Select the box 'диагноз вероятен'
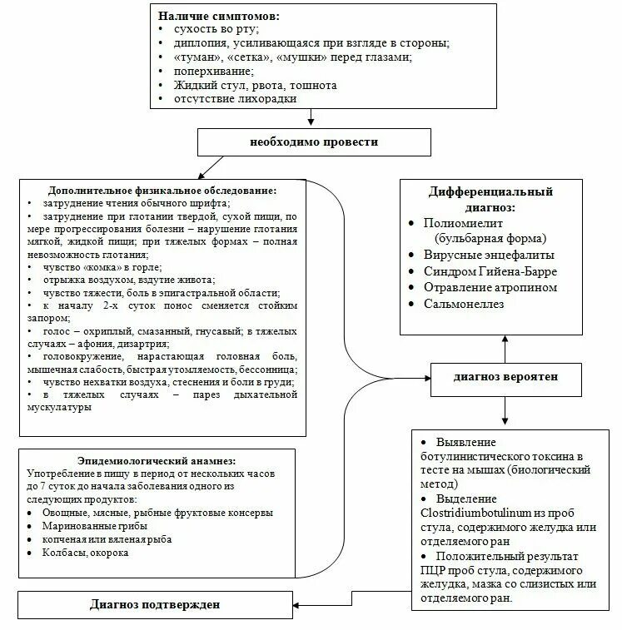click(505, 377)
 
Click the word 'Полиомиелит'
click(463, 223)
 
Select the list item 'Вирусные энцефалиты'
click(489, 255)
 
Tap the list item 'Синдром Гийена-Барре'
click(490, 271)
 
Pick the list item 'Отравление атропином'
click(490, 287)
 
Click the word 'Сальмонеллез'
click(464, 304)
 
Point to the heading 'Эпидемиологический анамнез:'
click(157, 460)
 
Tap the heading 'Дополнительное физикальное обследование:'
click(162, 190)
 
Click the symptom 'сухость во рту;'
click(216, 29)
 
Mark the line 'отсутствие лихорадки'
click(235, 99)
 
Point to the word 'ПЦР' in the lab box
click(433, 571)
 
